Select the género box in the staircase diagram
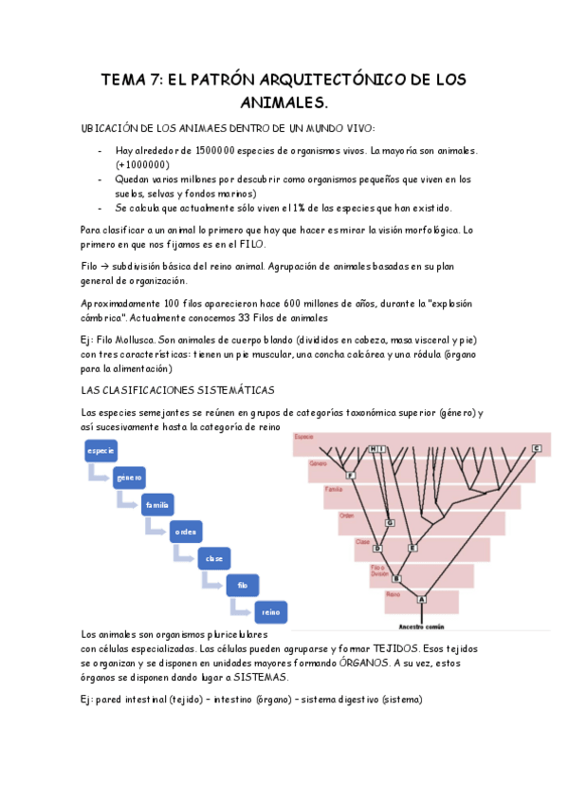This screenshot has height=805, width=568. coord(129,477)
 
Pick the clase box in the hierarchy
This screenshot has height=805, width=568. coord(214,558)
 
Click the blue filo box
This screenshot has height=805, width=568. coord(243,585)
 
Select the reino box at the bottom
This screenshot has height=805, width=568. coord(271,612)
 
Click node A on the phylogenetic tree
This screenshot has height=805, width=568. coord(422,599)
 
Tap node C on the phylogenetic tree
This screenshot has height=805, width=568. coord(536,448)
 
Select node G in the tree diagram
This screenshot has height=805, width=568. coord(389,522)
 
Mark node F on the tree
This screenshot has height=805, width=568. coord(351,475)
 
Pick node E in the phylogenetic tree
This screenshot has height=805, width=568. coord(412,548)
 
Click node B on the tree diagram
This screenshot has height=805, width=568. coord(396,578)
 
